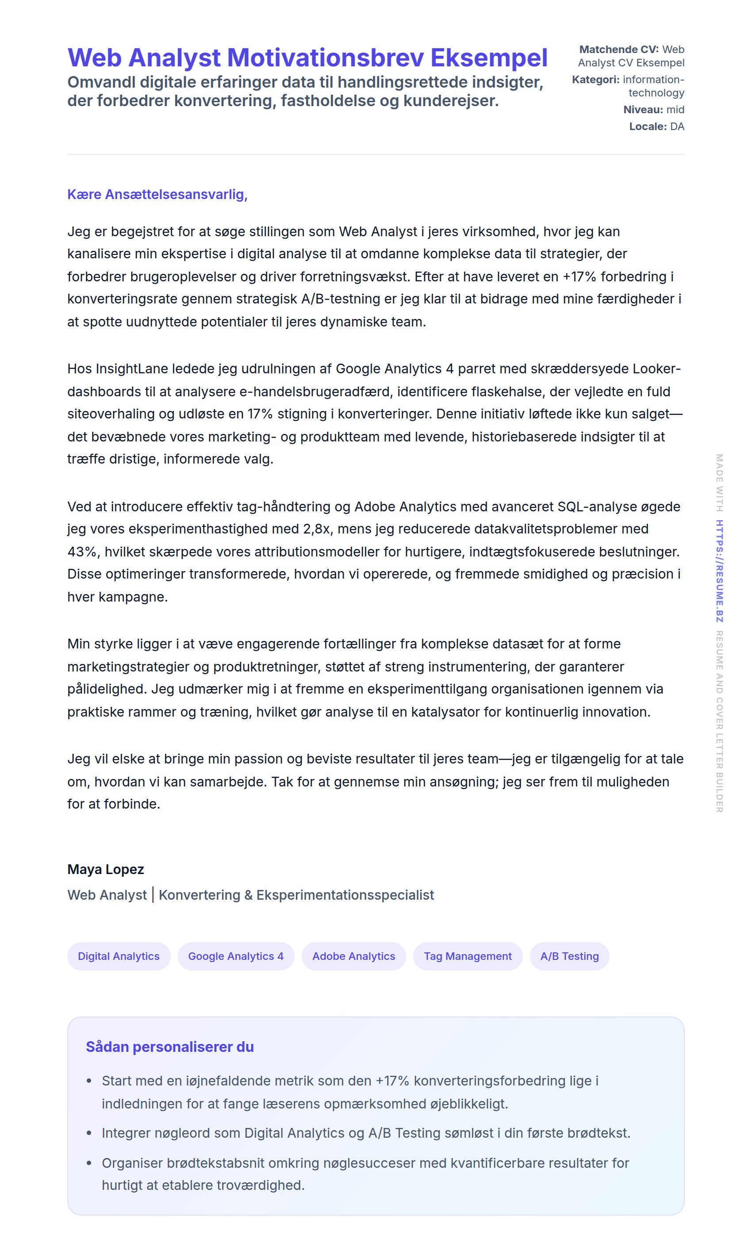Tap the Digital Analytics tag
tap(119, 956)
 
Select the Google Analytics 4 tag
tap(236, 956)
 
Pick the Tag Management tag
tap(467, 956)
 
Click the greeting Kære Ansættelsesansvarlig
tap(157, 195)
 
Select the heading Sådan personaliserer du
tap(170, 1047)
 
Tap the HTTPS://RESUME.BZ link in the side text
tap(719, 571)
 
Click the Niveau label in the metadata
tap(643, 110)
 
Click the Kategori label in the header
tap(595, 80)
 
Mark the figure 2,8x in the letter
tap(317, 529)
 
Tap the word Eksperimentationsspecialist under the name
tap(345, 895)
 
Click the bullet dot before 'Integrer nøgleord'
tap(89, 1133)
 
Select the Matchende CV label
tap(618, 50)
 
